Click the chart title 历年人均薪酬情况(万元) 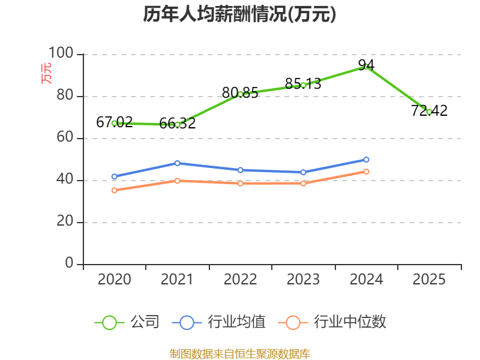[239, 14]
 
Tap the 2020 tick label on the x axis [114, 280]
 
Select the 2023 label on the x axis [303, 280]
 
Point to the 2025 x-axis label [429, 280]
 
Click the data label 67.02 [114, 122]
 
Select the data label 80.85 [240, 93]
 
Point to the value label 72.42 [429, 111]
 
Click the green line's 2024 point [366, 67]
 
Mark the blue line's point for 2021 [177, 163]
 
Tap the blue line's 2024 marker [366, 160]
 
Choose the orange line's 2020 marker [114, 190]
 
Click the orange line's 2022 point [240, 183]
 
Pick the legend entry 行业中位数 [332, 322]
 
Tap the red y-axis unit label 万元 [46, 73]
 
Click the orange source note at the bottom [239, 353]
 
